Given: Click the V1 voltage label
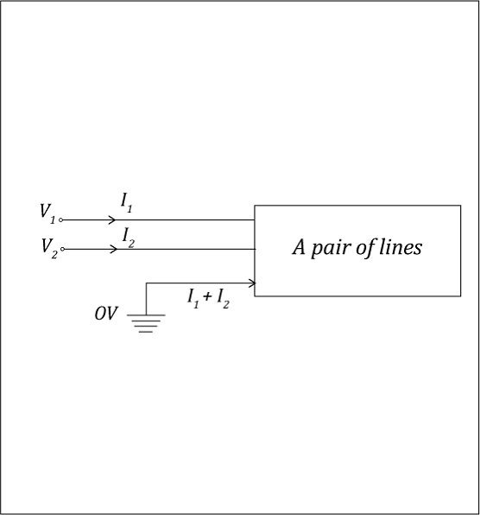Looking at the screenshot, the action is (x=47, y=213).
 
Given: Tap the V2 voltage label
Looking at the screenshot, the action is (x=49, y=248).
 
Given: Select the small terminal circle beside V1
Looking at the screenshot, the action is (x=60, y=220).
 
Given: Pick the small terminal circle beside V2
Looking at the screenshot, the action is (x=62, y=249).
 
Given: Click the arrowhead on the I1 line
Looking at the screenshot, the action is (x=112, y=219).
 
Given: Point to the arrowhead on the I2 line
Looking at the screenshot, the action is (x=113, y=249).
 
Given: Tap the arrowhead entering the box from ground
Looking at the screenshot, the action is (x=252, y=283).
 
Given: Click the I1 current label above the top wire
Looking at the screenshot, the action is (x=127, y=203).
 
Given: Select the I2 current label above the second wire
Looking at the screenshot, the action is (x=129, y=238).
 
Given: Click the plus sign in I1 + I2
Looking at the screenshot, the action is (x=207, y=296).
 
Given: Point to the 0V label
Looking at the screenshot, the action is (x=105, y=314).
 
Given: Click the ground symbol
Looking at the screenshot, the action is (x=146, y=323).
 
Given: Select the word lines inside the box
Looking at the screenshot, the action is (x=401, y=247).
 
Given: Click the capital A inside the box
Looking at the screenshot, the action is (x=299, y=247).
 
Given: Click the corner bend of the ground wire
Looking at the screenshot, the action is (x=146, y=283).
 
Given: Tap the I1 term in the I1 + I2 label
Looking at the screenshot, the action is (x=193, y=299).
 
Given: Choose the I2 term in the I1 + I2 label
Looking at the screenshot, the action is (x=223, y=299).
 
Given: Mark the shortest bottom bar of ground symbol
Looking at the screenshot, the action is (x=146, y=332).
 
